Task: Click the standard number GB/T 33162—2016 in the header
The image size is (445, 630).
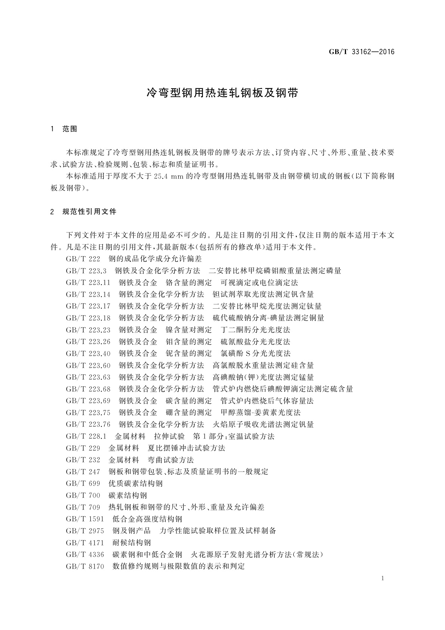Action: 361,52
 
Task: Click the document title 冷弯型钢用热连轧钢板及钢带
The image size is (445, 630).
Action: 223,93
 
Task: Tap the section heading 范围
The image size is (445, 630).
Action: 70,129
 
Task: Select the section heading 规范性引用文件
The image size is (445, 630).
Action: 90,212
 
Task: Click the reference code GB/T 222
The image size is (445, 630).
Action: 83,259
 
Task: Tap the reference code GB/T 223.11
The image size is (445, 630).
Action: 88,282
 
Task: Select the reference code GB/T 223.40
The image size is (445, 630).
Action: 88,354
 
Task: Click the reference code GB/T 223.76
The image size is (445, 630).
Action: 88,425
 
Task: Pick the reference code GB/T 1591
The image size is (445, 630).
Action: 85,519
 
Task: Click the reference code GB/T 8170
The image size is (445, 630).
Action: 85,566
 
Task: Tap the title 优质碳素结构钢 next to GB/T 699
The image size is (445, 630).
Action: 136,484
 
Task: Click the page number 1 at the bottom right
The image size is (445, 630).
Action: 383,579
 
